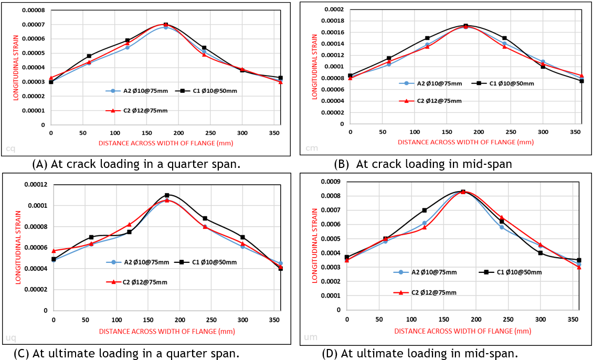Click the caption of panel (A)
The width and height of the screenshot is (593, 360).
tap(136, 164)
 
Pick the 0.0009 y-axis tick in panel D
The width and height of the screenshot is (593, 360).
tap(331, 182)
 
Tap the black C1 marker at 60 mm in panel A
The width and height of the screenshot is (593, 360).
tap(89, 56)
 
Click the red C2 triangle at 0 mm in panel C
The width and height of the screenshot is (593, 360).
tap(53, 251)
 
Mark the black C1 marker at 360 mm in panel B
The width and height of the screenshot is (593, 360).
tap(581, 81)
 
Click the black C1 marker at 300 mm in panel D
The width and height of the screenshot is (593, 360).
tap(540, 253)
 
